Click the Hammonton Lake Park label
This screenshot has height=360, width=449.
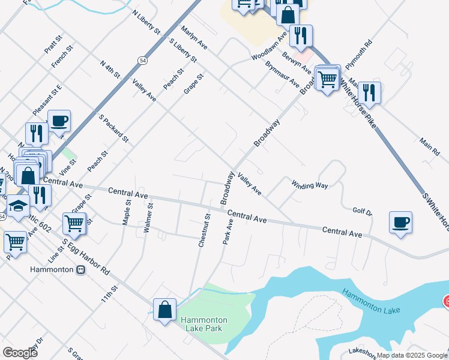(202, 324)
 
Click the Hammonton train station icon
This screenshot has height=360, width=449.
(81, 269)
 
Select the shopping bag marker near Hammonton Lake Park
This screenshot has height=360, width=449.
(164, 310)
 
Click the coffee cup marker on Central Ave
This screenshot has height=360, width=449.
(400, 223)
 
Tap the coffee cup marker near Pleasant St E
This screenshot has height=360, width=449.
(59, 121)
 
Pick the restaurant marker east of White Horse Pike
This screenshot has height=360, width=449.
(369, 92)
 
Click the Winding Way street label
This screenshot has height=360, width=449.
(310, 185)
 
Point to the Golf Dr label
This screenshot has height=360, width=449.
(362, 212)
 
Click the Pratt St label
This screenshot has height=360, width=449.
(53, 44)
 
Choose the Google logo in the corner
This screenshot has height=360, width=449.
(19, 353)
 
